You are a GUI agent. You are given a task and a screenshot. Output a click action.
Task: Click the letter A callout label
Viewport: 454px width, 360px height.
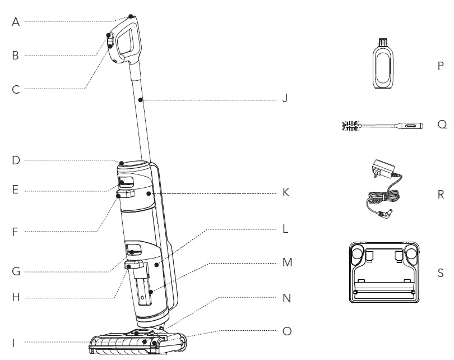pos(16,22)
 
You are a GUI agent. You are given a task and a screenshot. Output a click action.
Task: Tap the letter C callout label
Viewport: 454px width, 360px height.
pos(16,89)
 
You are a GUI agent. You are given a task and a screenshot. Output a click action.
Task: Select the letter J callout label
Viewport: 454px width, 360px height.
pos(285,99)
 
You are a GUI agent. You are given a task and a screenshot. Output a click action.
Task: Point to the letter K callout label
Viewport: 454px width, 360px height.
pos(286,192)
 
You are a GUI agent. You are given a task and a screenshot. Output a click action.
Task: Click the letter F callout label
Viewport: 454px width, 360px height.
pos(16,232)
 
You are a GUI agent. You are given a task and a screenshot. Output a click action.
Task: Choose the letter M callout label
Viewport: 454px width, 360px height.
pos(287,262)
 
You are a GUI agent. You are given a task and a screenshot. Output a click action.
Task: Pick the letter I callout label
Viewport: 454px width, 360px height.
pos(16,342)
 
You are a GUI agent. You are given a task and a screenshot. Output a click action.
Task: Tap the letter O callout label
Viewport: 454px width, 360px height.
pos(287,331)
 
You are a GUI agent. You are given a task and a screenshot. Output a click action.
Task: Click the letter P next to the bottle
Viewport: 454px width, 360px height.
pos(441,66)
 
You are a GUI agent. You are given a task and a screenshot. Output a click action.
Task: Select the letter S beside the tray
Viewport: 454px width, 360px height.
pos(441,274)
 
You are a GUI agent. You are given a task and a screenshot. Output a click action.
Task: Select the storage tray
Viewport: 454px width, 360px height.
pos(384,272)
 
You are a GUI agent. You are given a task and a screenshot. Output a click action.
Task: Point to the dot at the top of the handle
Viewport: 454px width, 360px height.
pos(131,16)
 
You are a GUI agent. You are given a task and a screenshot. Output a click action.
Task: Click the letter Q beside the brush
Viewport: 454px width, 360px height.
pos(442,124)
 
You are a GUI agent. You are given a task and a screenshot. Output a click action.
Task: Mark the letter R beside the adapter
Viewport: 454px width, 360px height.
pos(441,195)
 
